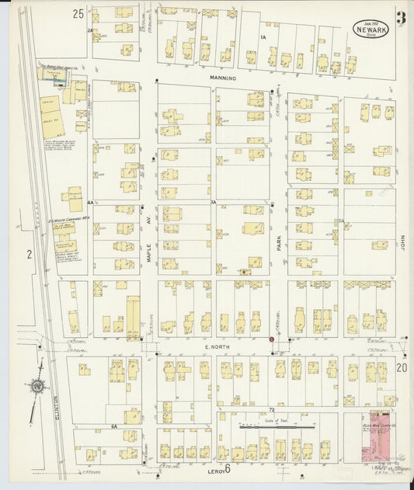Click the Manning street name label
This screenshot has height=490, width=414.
click(221, 78)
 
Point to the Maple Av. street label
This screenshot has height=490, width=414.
click(148, 249)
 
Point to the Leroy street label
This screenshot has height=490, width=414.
click(216, 469)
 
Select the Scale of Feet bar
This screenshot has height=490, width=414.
click(277, 426)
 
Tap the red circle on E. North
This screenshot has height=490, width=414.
click(271, 339)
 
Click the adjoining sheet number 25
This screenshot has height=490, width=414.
click(78, 14)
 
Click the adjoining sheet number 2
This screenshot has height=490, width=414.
click(29, 254)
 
